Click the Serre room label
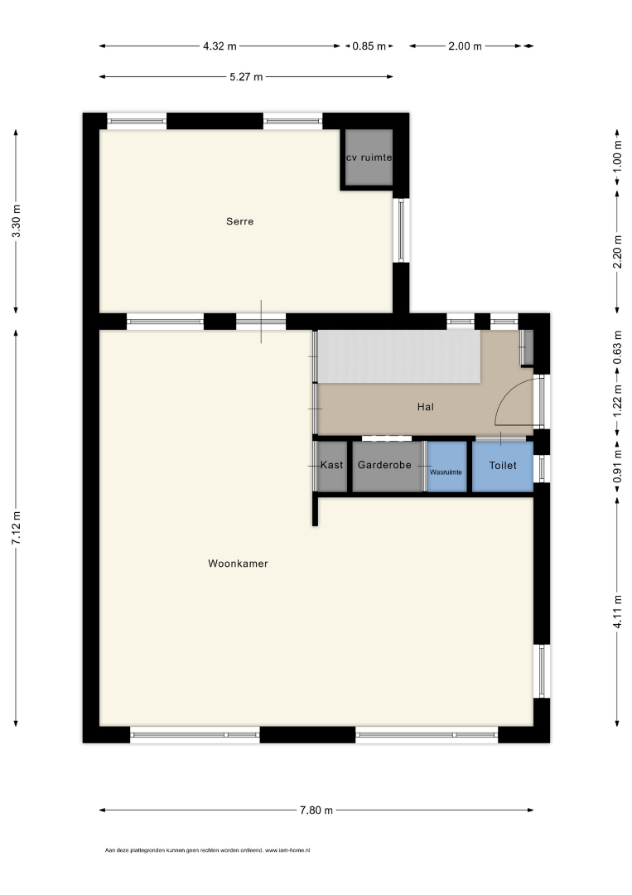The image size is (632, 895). [x=239, y=221]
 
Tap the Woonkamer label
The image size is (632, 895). [x=238, y=564]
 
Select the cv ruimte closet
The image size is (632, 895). [x=369, y=157]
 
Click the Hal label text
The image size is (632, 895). [x=426, y=407]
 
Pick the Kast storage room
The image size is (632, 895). [x=332, y=467]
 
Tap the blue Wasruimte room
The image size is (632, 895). [x=446, y=467]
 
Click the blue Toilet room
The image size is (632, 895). [x=503, y=467]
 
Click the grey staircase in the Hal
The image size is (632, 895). [x=399, y=356]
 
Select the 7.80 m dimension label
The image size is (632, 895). [x=316, y=810]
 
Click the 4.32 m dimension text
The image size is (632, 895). [x=220, y=46]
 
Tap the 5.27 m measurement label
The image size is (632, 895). [x=246, y=76]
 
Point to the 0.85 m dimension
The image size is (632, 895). [x=369, y=46]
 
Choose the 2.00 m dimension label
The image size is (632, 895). [x=465, y=46]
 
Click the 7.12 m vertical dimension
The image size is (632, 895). [x=17, y=528]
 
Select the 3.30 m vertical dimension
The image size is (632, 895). [x=17, y=221]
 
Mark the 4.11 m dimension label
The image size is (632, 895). [x=617, y=612]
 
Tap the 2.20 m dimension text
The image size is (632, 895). [x=617, y=252]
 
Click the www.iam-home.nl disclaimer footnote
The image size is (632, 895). [x=208, y=850]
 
